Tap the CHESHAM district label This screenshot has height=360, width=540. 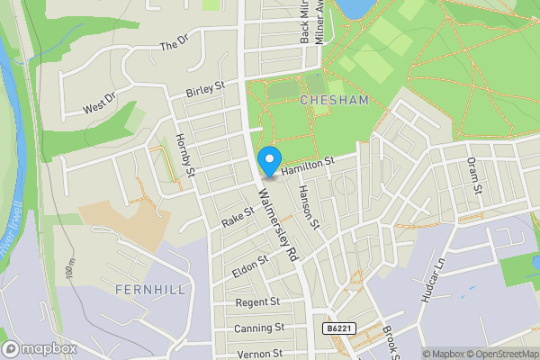(336, 100)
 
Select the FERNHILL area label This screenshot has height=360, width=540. (150, 289)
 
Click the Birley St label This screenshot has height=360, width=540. (204, 88)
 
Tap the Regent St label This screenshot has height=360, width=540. (257, 302)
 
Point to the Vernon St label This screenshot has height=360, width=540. (260, 354)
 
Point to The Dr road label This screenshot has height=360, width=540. (174, 43)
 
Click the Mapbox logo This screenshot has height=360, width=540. (40, 348)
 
